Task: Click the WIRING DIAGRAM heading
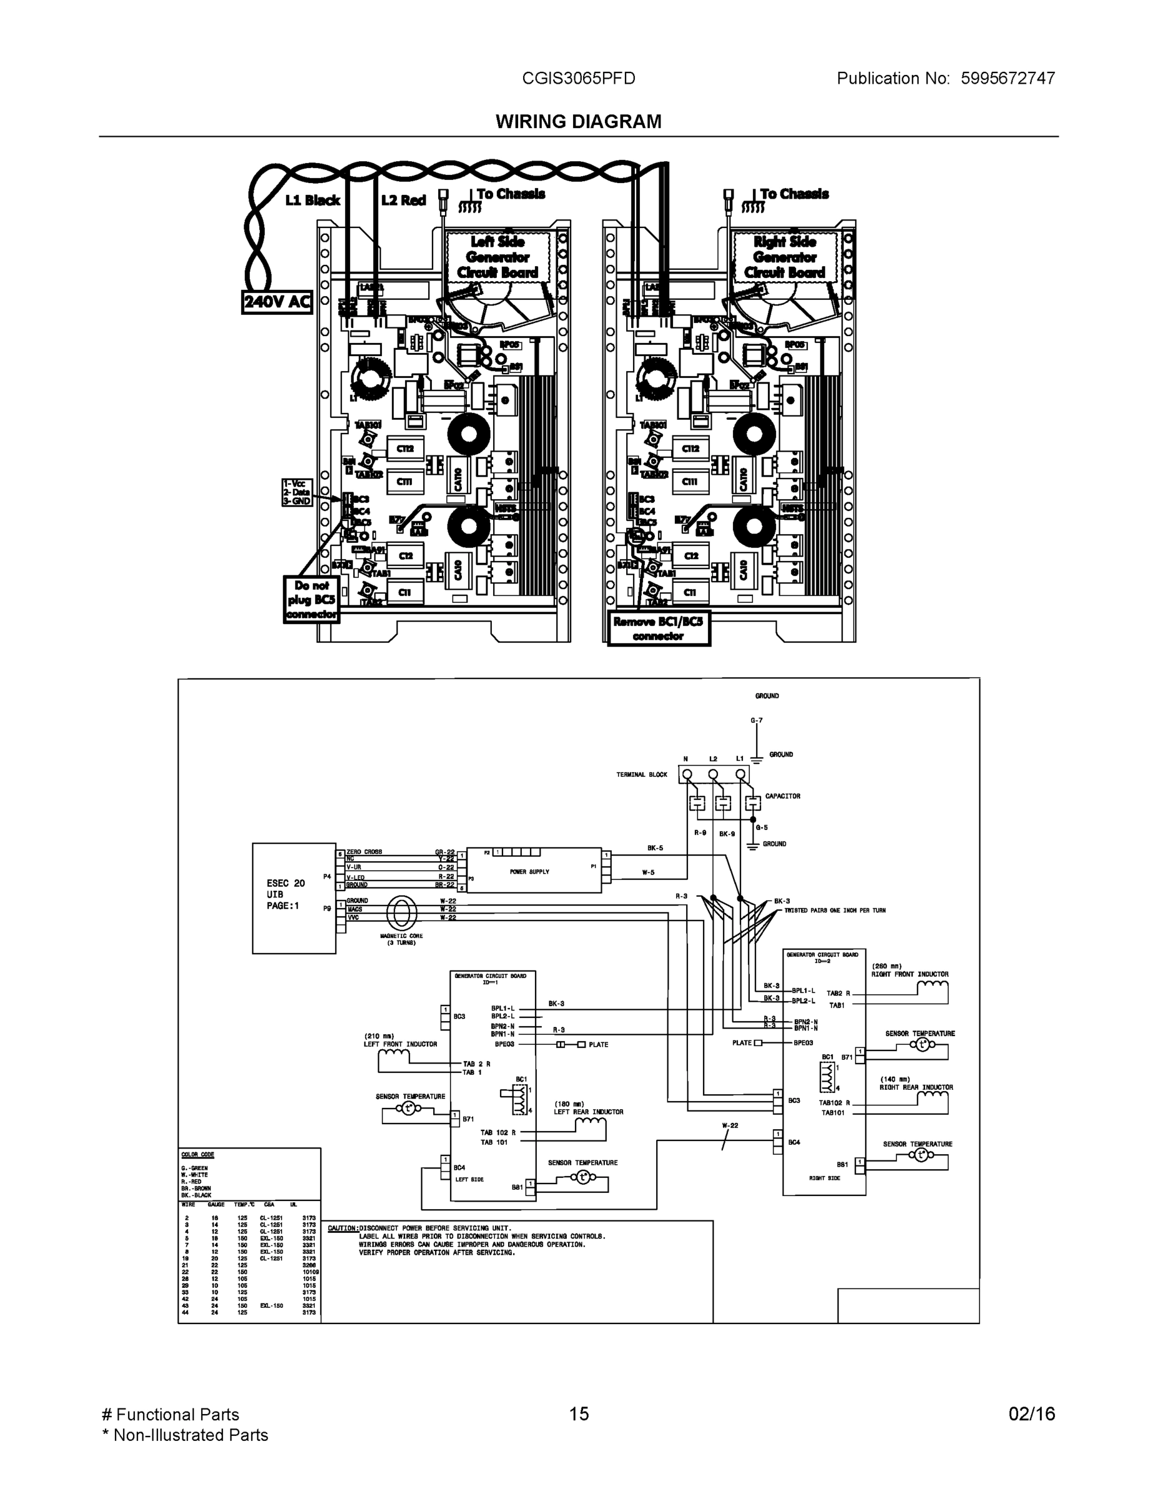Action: click(578, 122)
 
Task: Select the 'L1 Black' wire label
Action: click(313, 200)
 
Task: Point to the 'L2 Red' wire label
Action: click(403, 200)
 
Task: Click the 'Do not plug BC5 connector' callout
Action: click(312, 600)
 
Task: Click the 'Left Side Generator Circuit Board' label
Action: click(498, 257)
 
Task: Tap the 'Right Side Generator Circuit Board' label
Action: click(785, 257)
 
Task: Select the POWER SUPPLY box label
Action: click(529, 872)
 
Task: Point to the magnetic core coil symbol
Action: click(401, 914)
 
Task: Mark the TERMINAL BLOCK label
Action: click(642, 775)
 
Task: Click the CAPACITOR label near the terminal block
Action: click(783, 796)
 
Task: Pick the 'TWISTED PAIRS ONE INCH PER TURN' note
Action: click(835, 911)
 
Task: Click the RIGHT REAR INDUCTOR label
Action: click(916, 1088)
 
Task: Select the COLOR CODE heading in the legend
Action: click(197, 1155)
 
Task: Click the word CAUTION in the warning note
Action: click(342, 1228)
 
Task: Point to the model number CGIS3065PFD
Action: click(578, 78)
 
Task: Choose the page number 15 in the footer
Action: click(578, 1414)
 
